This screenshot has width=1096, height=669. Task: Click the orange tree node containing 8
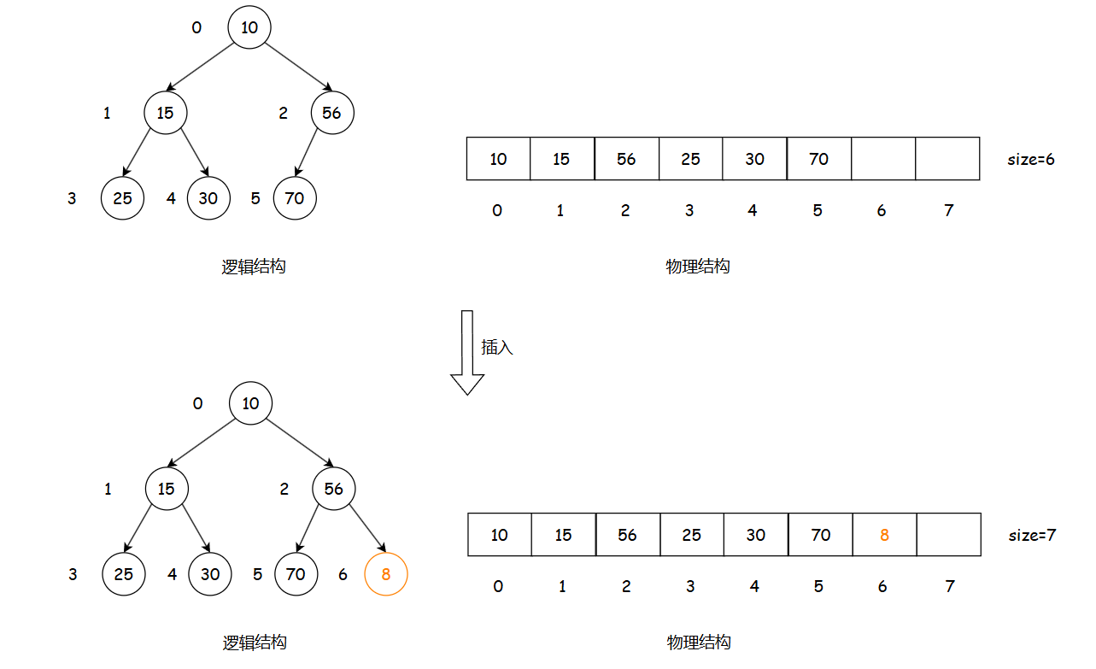click(x=385, y=575)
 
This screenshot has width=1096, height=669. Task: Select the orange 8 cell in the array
click(x=884, y=535)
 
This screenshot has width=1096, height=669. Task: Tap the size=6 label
click(x=1030, y=159)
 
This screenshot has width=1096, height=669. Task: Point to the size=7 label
click(x=1032, y=536)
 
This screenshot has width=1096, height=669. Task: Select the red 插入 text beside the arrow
click(x=497, y=348)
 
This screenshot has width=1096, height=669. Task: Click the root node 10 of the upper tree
click(x=249, y=27)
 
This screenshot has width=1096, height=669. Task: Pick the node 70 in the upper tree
click(x=294, y=198)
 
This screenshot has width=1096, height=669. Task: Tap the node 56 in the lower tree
click(x=333, y=489)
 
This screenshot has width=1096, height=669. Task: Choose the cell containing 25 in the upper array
click(x=690, y=159)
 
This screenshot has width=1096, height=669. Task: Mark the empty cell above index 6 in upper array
click(x=883, y=159)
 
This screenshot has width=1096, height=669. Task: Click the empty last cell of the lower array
click(x=948, y=535)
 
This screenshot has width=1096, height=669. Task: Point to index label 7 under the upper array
click(x=948, y=210)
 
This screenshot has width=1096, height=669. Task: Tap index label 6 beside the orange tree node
click(x=343, y=575)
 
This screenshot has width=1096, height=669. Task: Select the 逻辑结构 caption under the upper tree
click(x=253, y=267)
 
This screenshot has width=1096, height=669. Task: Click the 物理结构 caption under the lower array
click(x=698, y=643)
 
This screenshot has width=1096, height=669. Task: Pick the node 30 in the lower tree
click(x=210, y=575)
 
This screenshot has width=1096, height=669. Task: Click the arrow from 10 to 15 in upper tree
click(x=202, y=67)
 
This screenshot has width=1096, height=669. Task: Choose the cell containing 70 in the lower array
click(x=820, y=535)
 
